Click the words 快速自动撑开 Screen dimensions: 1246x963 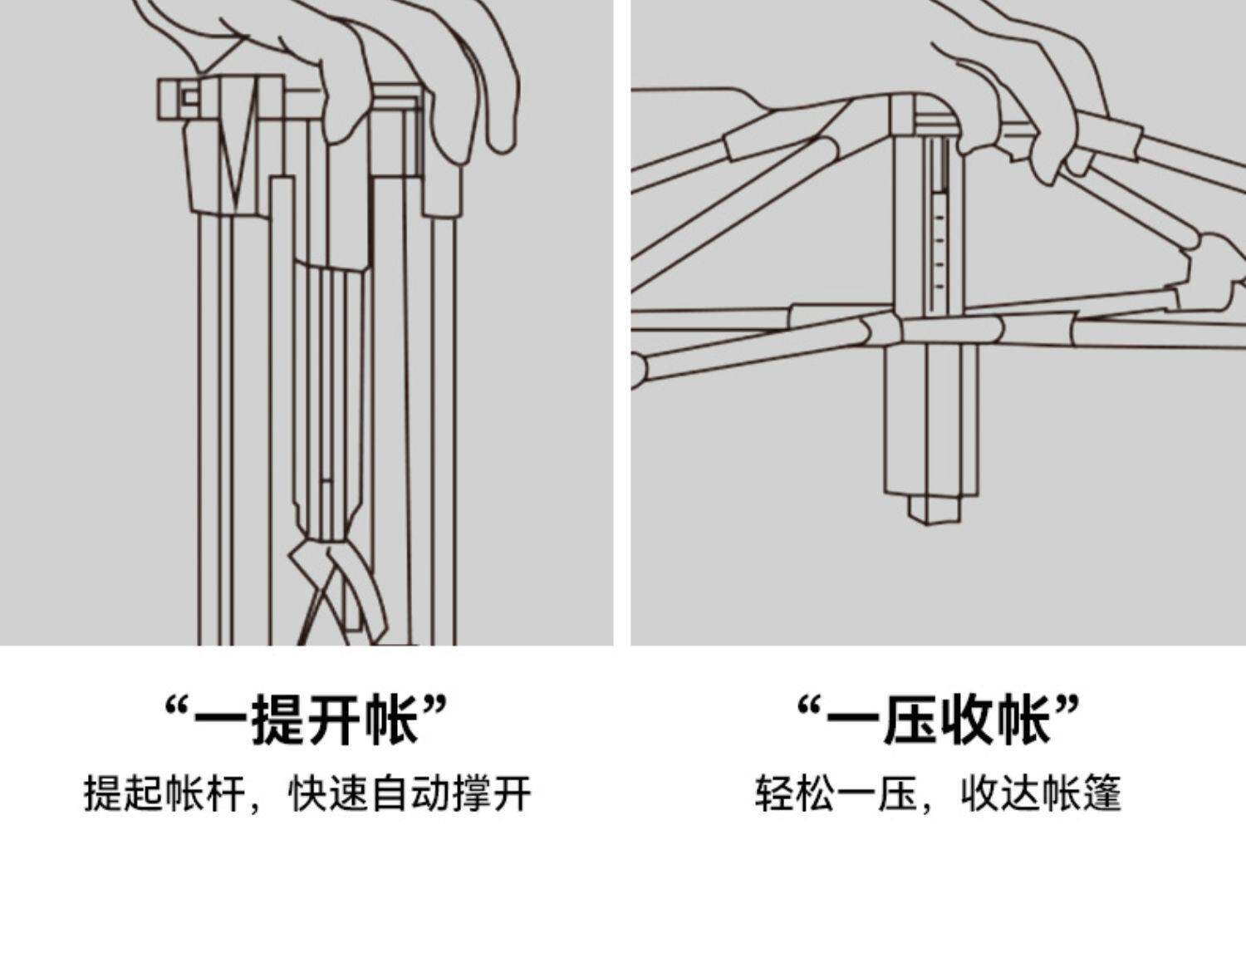coord(409,793)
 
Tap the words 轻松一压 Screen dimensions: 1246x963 coord(835,793)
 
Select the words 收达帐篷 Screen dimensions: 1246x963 coord(1041,793)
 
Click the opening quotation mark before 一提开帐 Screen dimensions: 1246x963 coord(176,708)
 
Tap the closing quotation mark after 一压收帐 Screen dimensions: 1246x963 coord(1068,708)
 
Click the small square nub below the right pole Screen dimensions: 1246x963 coord(934,509)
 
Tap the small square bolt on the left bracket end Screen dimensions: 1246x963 coord(190,98)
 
